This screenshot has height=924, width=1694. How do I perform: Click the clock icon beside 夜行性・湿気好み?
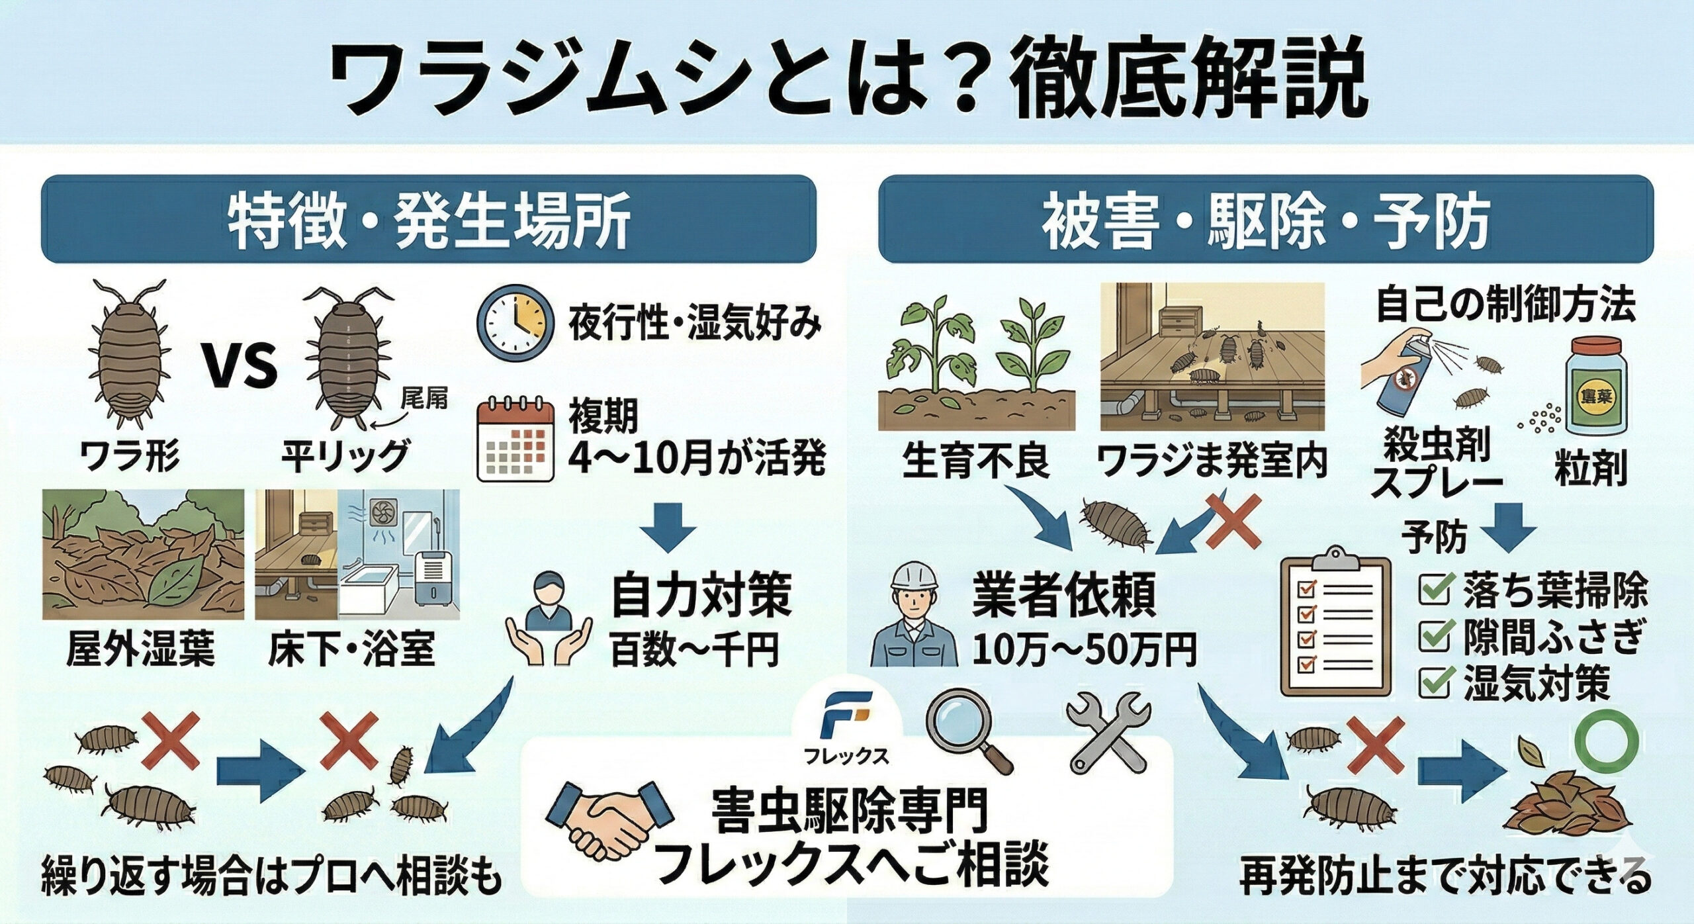click(x=515, y=322)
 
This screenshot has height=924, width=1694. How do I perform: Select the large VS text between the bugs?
click(x=240, y=366)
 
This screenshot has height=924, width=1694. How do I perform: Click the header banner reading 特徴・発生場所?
click(x=428, y=219)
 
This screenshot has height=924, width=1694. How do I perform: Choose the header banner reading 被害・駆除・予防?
click(x=1265, y=219)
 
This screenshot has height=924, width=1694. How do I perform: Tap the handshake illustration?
click(x=605, y=817)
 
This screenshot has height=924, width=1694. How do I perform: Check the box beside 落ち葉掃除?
click(x=1435, y=591)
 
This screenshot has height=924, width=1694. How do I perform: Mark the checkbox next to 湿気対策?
click(x=1435, y=682)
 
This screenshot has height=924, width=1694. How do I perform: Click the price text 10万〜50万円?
click(x=1084, y=651)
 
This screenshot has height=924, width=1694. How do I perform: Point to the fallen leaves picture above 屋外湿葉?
click(x=143, y=554)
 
